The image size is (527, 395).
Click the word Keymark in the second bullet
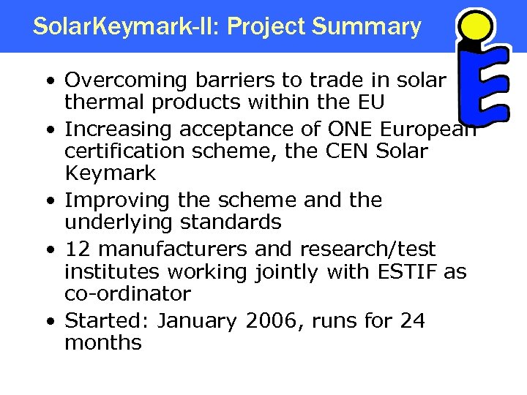pyautogui.click(x=111, y=173)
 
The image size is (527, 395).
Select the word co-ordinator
pyautogui.click(x=127, y=293)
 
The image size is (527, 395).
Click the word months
pyautogui.click(x=102, y=342)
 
